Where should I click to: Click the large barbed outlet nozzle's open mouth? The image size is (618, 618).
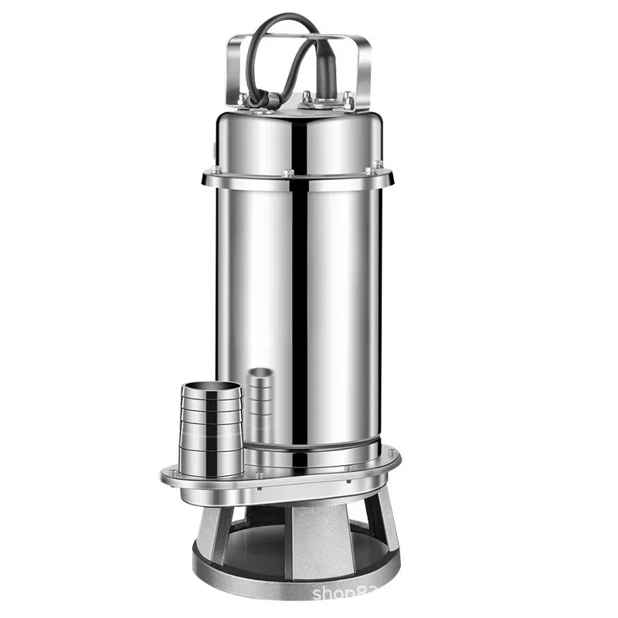[x=210, y=387]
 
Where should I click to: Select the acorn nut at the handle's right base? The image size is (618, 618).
[x=348, y=100]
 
